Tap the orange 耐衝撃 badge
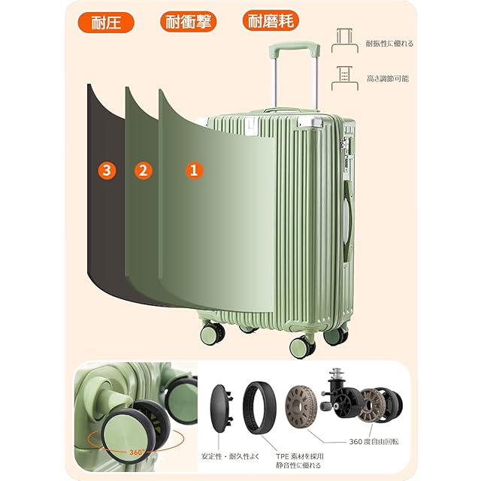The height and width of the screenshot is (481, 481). (x=189, y=21)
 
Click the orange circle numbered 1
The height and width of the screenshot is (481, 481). (x=194, y=171)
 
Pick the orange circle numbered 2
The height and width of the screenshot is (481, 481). (x=143, y=171)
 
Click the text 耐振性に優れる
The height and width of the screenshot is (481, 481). (x=389, y=44)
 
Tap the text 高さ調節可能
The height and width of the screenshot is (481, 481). (x=388, y=77)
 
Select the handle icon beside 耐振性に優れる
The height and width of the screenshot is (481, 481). (x=342, y=40)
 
